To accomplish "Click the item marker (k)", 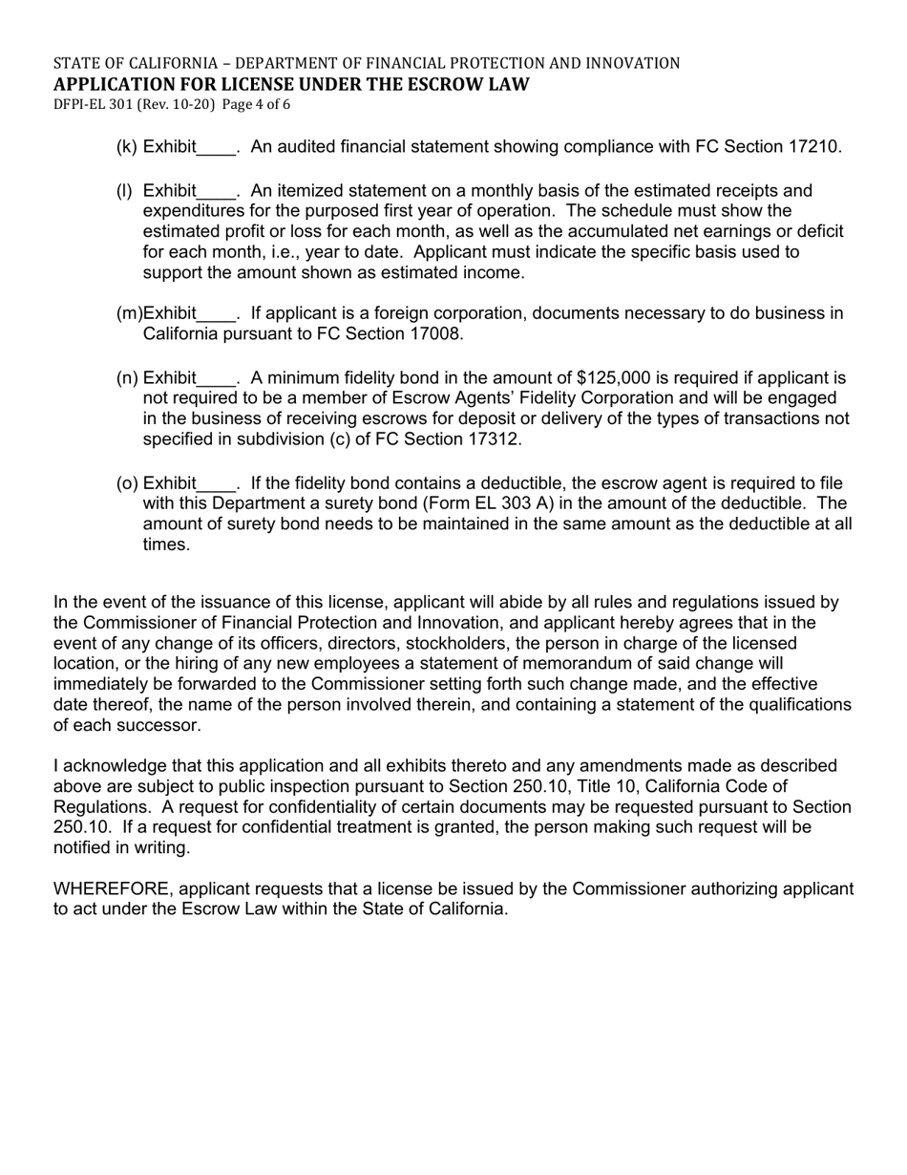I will pos(127,147).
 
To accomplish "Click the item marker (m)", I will pos(129,313).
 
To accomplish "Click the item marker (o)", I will pos(127,482).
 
